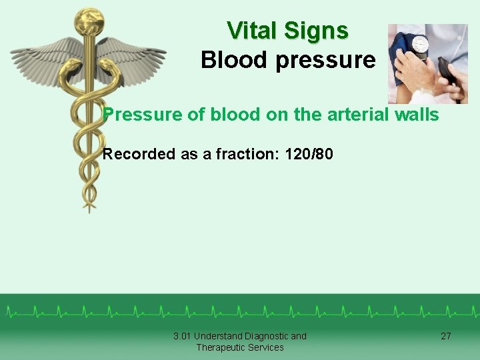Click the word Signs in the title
[x=316, y=31]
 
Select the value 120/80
[x=309, y=154]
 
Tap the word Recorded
[x=139, y=154]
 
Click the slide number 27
[x=446, y=336]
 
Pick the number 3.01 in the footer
[x=182, y=336]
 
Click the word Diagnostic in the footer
[x=263, y=336]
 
